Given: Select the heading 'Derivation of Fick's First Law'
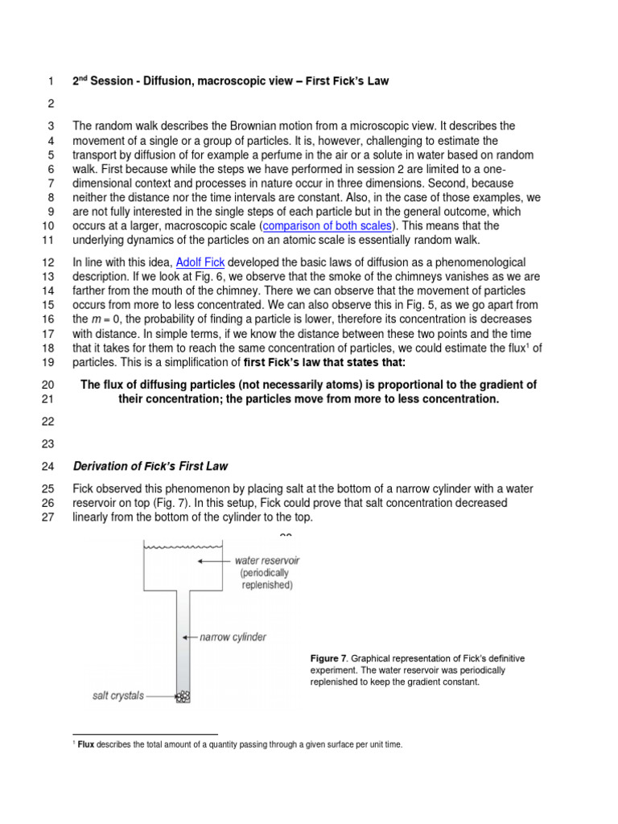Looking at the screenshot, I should (x=150, y=467).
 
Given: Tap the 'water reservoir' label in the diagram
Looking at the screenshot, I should (x=268, y=560).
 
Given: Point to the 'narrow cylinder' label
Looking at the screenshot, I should (x=233, y=637).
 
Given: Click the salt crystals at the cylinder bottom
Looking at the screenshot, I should (x=183, y=695).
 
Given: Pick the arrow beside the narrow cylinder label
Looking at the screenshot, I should (x=191, y=637).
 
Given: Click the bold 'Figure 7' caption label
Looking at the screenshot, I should (x=326, y=658).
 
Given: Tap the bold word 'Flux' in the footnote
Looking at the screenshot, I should (x=86, y=745).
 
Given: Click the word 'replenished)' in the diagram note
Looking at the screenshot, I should (x=268, y=585).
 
